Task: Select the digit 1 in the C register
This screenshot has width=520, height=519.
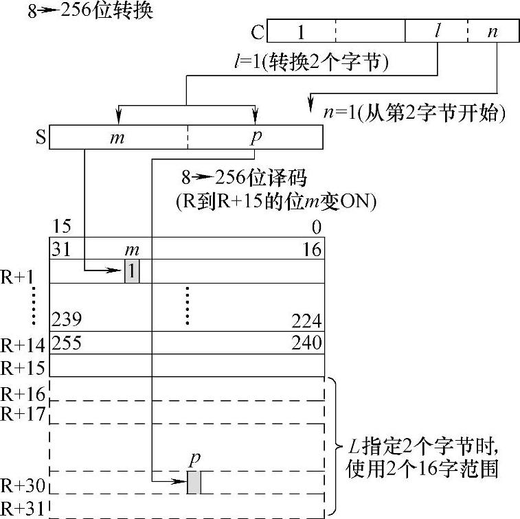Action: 301,32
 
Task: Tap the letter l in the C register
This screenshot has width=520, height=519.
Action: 436,32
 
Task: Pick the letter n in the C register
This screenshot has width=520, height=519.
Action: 492,32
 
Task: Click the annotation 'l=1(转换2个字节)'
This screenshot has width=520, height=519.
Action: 312,63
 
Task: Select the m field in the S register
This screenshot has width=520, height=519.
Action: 117,137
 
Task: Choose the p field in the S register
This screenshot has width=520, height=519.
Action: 256,136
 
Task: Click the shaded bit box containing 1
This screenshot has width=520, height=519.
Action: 132,272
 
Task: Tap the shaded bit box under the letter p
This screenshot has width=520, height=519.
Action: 194,482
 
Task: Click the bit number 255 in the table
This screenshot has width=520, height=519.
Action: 67,342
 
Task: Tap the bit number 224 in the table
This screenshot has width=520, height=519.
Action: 307,321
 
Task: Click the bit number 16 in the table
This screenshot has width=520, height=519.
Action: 313,249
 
